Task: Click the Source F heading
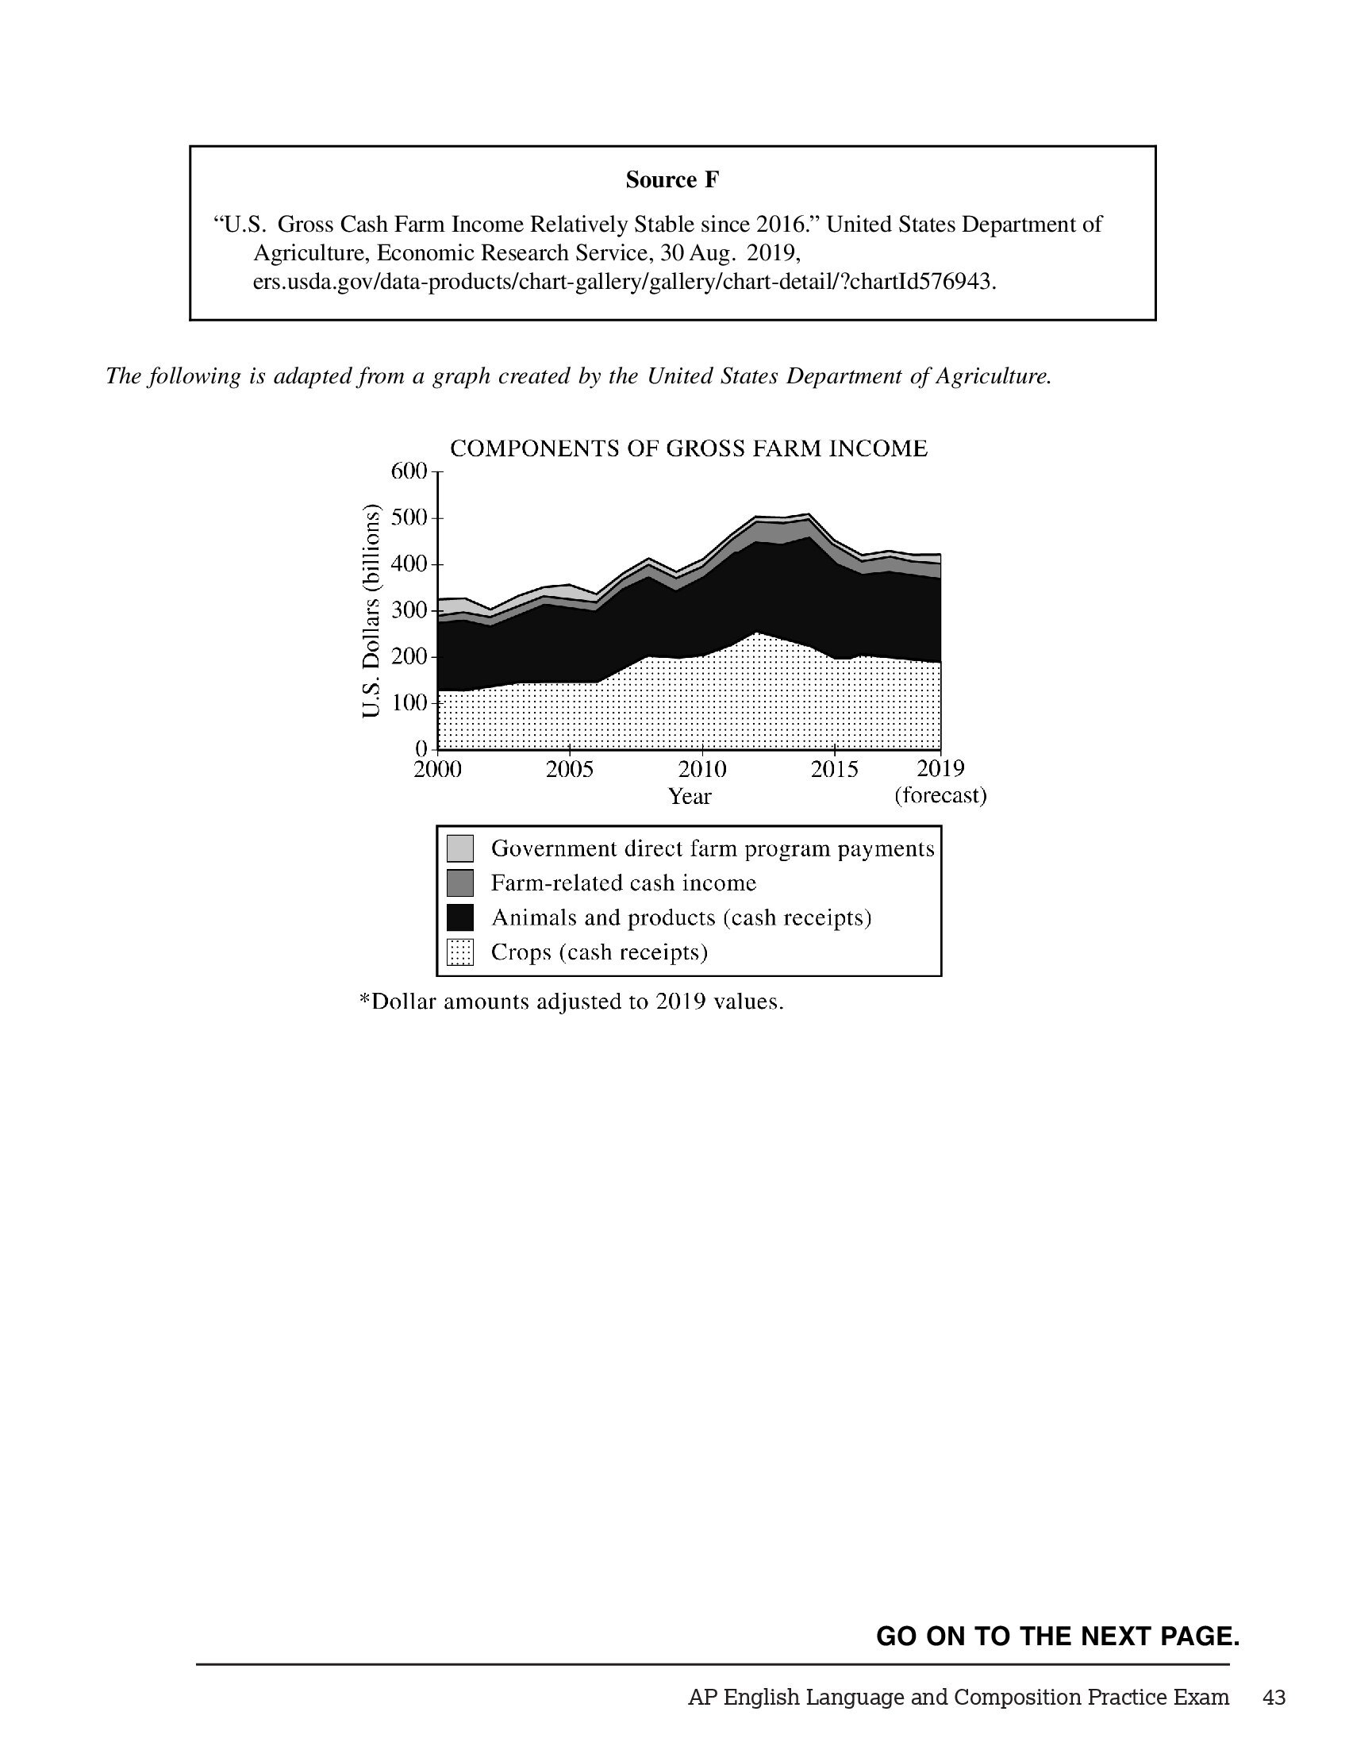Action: [x=672, y=180]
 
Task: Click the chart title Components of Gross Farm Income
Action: [x=689, y=448]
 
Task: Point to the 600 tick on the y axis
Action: [x=409, y=471]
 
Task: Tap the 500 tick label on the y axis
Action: [x=409, y=518]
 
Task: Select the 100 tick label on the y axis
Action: [x=409, y=703]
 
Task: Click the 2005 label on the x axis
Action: [x=570, y=769]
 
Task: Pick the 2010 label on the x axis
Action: [x=702, y=769]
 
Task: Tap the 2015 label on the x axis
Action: [x=834, y=769]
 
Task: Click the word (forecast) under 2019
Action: [x=940, y=796]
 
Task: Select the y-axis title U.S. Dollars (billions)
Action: [x=370, y=611]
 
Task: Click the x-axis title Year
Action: [x=690, y=796]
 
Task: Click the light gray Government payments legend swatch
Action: [x=460, y=848]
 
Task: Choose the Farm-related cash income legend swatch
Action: [x=460, y=883]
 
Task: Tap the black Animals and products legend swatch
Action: [x=460, y=917]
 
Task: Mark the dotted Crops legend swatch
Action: [x=460, y=952]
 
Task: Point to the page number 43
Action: [x=1274, y=1697]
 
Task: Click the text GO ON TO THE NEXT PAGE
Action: [x=1057, y=1636]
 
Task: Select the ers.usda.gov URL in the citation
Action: [x=625, y=282]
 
